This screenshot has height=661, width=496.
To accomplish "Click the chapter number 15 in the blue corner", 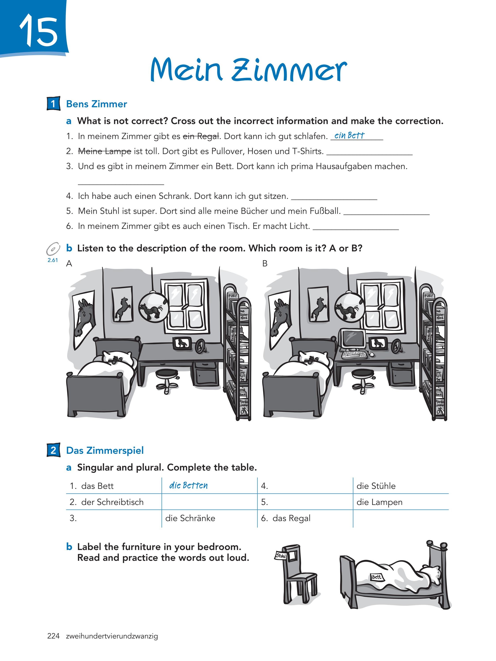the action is (39, 31).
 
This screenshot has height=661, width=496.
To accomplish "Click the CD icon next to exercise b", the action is (53, 248).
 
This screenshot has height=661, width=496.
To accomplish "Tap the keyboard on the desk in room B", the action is (354, 355).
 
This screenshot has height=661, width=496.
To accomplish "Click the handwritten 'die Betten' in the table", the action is (188, 485).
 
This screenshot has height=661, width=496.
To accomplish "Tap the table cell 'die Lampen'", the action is (379, 502).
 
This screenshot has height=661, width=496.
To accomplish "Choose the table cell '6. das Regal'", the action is (286, 518).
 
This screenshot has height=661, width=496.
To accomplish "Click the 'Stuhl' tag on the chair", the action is (281, 556).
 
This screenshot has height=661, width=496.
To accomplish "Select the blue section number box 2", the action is (53, 450).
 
